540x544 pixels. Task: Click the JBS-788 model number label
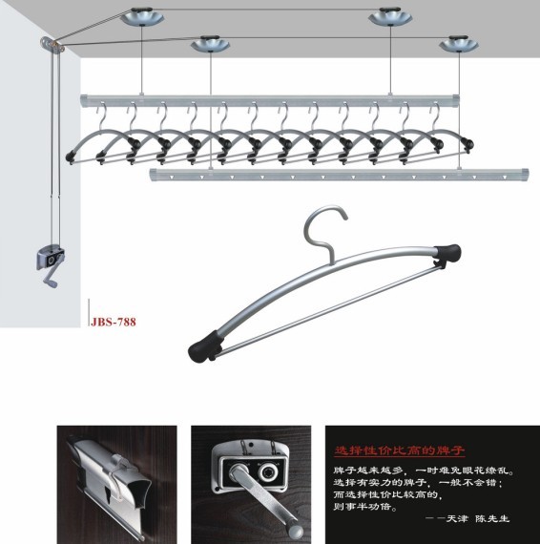pos(114,322)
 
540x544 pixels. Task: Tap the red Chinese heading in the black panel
pos(399,450)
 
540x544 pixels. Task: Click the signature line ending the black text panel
pos(467,518)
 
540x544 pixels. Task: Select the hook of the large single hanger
pos(324,231)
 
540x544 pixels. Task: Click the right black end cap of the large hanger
pos(447,253)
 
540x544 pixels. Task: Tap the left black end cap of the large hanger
pos(204,346)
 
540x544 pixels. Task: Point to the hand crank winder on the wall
pos(51,264)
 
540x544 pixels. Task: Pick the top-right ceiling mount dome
pos(390,16)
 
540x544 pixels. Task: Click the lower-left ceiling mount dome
pos(210,44)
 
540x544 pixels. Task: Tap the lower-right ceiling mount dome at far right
pos(459,44)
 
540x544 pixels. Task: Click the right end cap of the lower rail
pos(524,175)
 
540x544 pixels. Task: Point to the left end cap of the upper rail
pos(84,101)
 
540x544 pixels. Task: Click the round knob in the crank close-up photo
pos(269,471)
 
